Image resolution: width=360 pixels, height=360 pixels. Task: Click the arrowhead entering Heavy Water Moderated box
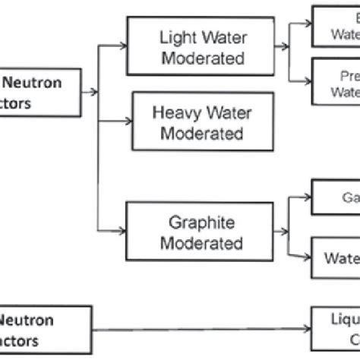click(127, 123)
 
